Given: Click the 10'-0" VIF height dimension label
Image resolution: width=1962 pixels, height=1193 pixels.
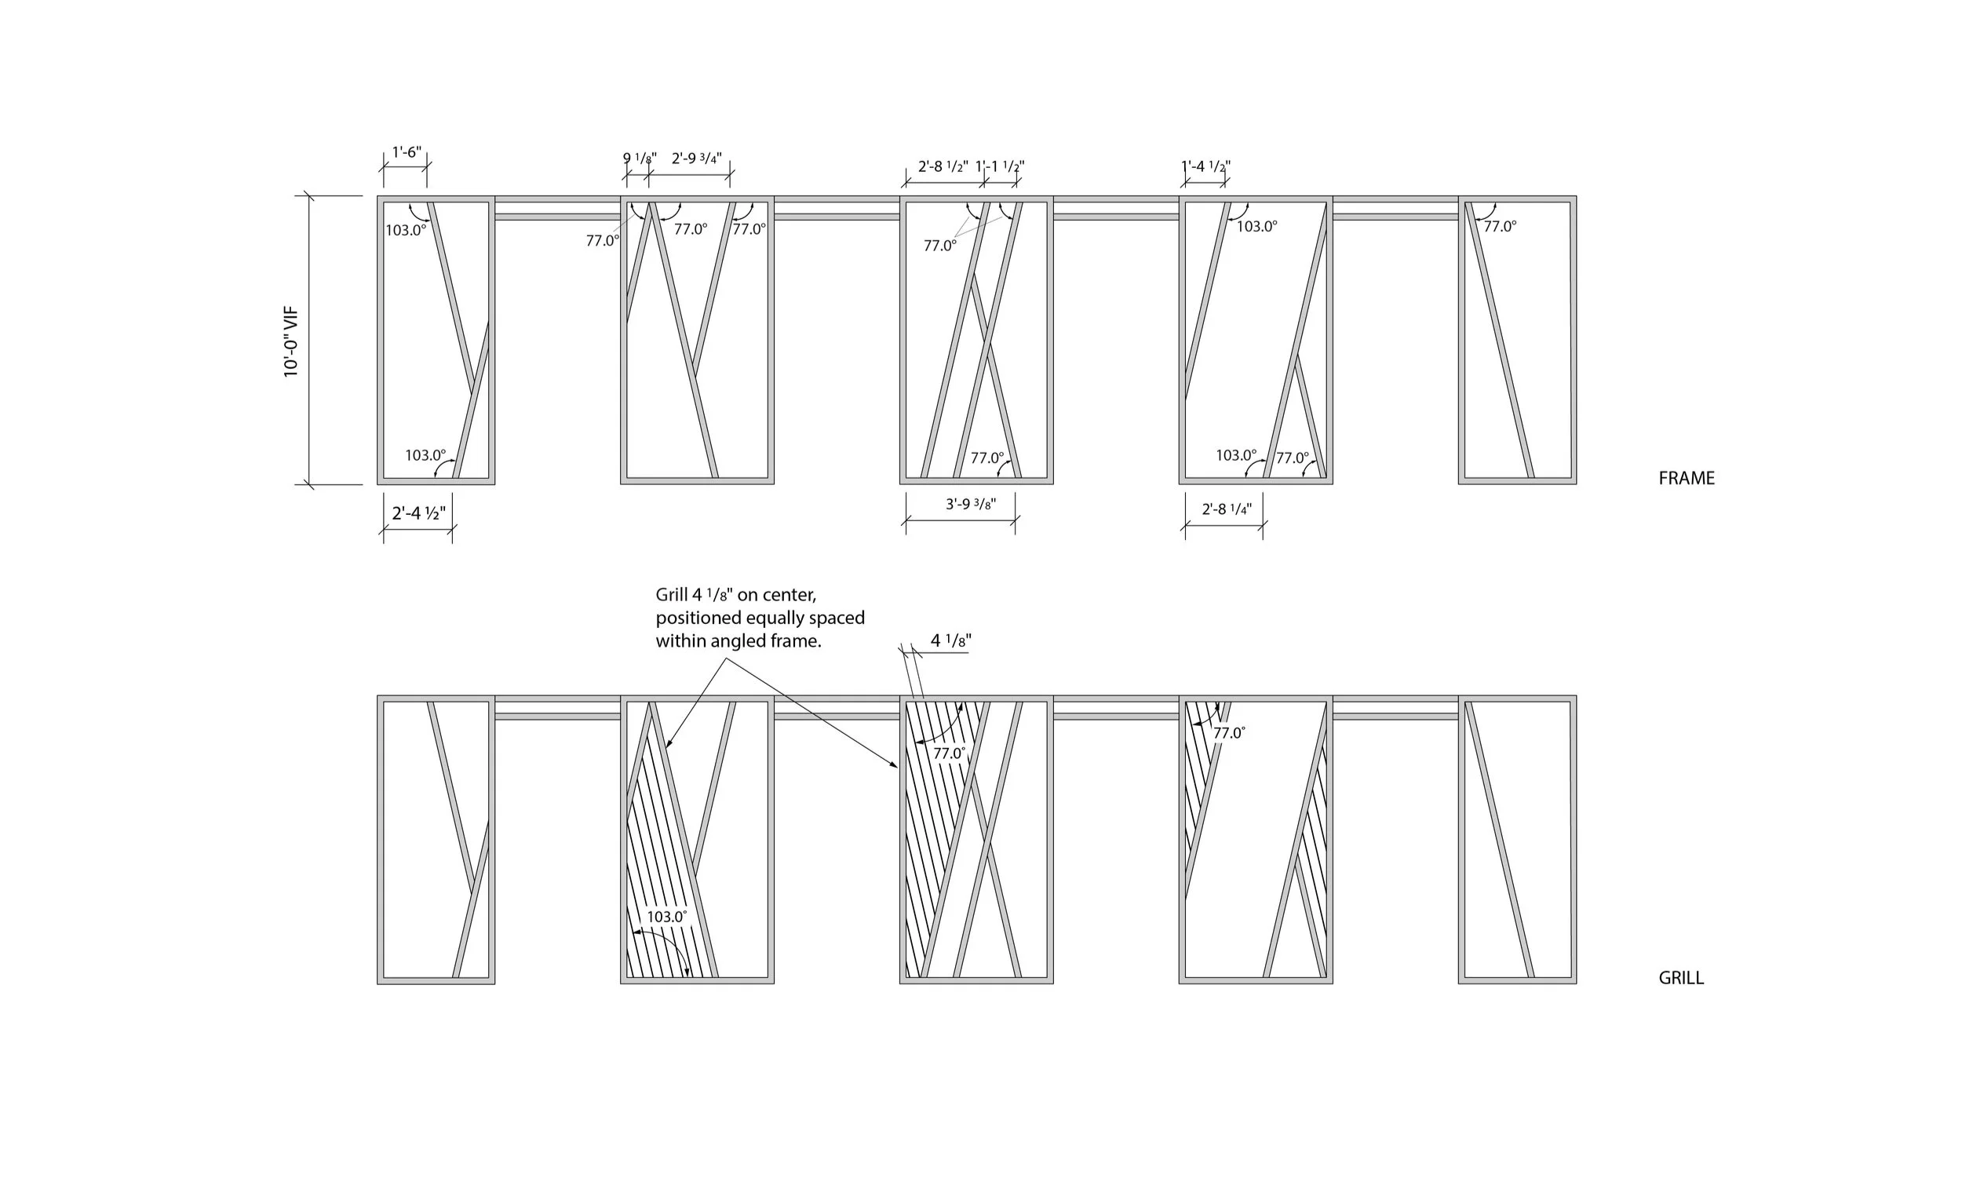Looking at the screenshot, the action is coord(291,341).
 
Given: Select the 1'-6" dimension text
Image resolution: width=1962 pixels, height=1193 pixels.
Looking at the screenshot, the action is coord(407,152).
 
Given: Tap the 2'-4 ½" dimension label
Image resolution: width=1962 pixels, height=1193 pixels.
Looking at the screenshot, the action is coord(419,513).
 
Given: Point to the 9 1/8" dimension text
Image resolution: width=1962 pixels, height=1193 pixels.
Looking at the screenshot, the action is coord(640,159).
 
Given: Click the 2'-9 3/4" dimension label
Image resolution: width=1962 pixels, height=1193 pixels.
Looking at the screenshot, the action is coord(697,159).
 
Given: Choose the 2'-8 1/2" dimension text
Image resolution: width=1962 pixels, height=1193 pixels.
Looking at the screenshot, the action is coord(943,167).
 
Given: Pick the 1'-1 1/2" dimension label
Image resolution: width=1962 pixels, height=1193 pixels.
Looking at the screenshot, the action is coord(1000,167).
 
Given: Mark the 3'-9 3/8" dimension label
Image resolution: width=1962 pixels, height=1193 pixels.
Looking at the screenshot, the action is coord(971,504).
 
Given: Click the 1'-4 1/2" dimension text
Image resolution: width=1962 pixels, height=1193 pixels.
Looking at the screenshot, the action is coord(1205,167).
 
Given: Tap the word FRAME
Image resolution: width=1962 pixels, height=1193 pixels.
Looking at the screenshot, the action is coord(1687,479).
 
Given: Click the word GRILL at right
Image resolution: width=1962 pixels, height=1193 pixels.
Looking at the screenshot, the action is coord(1681,978).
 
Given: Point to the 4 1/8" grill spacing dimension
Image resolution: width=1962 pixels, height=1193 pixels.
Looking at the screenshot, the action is coord(950,641).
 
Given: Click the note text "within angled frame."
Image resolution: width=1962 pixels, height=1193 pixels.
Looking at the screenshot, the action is coord(738,641).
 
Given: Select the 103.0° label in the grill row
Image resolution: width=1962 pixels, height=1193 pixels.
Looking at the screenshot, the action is coord(666,917).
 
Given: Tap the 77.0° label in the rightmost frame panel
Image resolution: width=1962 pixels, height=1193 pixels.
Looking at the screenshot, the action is coord(1501,227).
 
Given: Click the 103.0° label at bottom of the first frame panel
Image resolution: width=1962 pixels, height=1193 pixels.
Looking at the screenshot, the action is coord(425,455).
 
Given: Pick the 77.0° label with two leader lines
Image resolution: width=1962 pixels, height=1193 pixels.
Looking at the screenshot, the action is coord(940,246).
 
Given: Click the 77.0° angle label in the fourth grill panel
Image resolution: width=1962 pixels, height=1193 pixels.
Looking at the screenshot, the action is coord(1229,734).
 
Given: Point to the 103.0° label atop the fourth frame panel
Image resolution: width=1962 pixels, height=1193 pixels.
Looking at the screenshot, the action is coord(1256,227).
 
